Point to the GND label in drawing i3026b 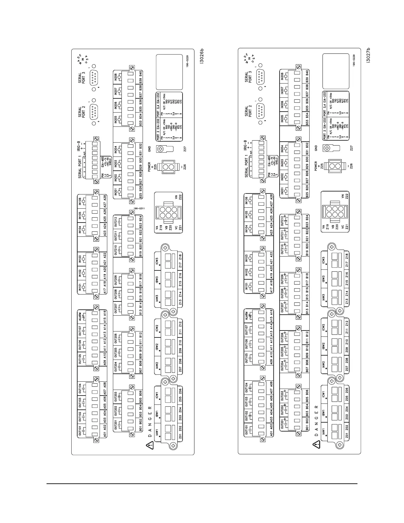150,149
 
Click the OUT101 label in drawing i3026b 81,433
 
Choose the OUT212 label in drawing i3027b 283,220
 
